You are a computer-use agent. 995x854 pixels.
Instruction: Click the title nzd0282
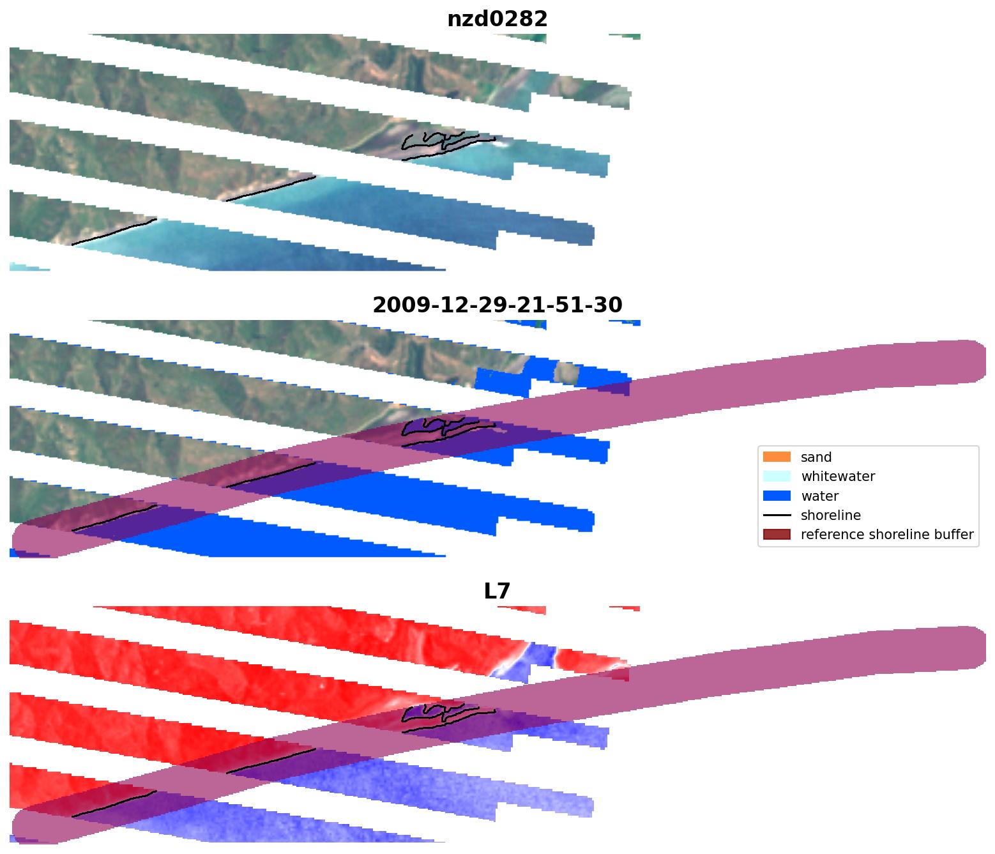tap(497, 19)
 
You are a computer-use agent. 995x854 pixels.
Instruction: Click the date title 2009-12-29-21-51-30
tap(497, 305)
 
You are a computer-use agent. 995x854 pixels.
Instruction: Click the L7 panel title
tap(497, 591)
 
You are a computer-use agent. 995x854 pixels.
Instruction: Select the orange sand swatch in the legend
tap(776, 457)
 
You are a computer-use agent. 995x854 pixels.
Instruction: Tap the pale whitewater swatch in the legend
tap(776, 476)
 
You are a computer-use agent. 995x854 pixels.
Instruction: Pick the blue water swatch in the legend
tap(776, 496)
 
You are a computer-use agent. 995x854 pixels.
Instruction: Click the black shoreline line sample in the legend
tap(776, 515)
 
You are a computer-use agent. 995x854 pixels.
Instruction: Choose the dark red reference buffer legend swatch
tap(776, 534)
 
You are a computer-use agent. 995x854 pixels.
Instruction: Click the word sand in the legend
tap(816, 457)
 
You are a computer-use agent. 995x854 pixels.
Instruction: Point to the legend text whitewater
tap(837, 477)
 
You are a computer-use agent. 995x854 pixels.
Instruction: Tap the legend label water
tap(819, 496)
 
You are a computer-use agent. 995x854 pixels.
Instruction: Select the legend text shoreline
tap(830, 515)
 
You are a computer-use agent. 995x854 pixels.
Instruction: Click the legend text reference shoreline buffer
tap(886, 535)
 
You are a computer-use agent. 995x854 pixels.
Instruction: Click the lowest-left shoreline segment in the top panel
tap(114, 232)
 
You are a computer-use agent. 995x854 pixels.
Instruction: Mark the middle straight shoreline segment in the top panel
tap(271, 188)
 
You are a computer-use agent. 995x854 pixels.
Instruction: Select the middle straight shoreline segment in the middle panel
tap(271, 475)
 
